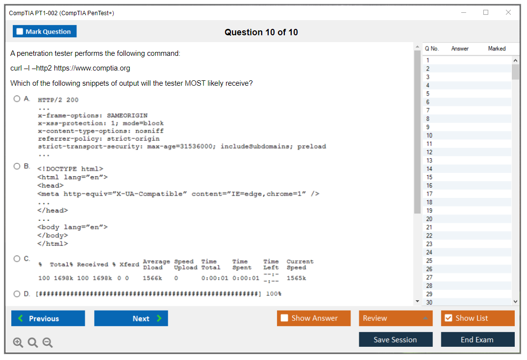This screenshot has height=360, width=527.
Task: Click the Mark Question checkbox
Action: [20, 31]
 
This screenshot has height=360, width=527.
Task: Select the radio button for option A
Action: [17, 99]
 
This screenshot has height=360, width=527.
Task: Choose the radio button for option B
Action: [17, 166]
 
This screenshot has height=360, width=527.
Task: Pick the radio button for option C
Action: [17, 259]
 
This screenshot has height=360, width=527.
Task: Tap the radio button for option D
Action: [17, 294]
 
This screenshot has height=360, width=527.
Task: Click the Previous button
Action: [48, 318]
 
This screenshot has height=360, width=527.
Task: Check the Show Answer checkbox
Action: [284, 318]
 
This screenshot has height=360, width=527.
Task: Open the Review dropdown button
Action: [396, 318]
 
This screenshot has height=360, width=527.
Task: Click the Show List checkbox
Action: [449, 318]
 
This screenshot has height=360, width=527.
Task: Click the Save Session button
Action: [396, 339]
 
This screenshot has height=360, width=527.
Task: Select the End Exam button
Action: [477, 339]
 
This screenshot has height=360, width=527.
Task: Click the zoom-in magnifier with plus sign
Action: [18, 342]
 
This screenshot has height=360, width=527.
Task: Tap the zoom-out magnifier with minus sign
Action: [48, 342]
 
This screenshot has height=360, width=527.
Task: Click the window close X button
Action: [508, 12]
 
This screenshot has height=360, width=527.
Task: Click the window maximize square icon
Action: [486, 12]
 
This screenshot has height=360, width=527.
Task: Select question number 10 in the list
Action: [429, 135]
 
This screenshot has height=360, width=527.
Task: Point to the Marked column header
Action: [497, 48]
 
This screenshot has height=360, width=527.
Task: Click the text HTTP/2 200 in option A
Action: [58, 100]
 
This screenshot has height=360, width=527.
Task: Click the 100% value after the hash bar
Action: [274, 294]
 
